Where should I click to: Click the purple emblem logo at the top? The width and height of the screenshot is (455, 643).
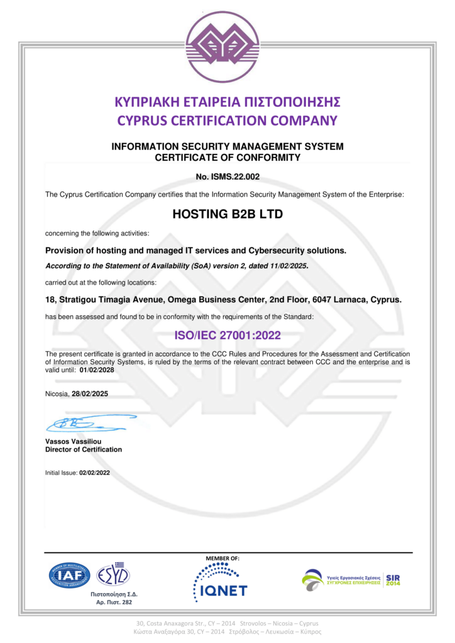click(x=227, y=47)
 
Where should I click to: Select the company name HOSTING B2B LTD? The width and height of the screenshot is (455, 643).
click(x=227, y=214)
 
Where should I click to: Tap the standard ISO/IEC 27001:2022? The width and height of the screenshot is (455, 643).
click(x=227, y=335)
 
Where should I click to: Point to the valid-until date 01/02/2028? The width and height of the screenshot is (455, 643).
click(x=97, y=370)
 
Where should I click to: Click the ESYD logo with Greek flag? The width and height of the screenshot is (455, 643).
click(x=113, y=574)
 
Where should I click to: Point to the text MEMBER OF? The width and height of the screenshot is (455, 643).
click(x=222, y=558)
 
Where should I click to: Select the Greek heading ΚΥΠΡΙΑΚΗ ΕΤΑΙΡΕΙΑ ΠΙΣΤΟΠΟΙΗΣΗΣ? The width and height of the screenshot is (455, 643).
click(x=227, y=102)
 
